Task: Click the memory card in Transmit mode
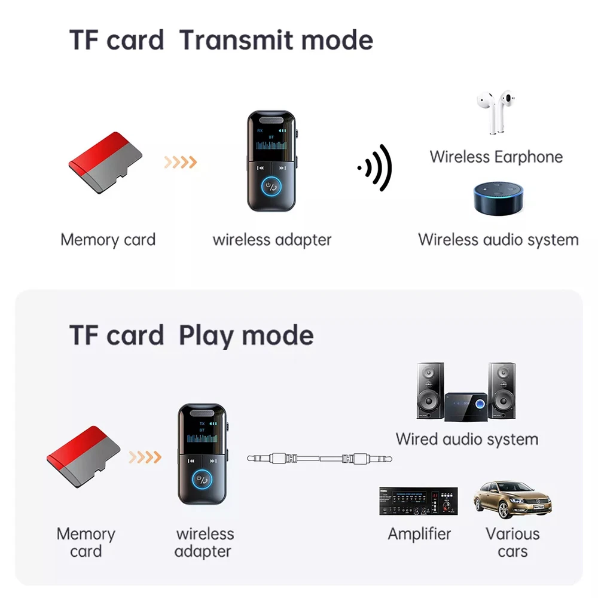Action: [x=105, y=163]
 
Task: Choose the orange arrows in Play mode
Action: [x=145, y=457]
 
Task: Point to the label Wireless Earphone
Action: [x=496, y=157]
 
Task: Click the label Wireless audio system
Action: [x=498, y=240]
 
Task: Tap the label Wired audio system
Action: [x=466, y=440]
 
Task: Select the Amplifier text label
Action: [x=419, y=533]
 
